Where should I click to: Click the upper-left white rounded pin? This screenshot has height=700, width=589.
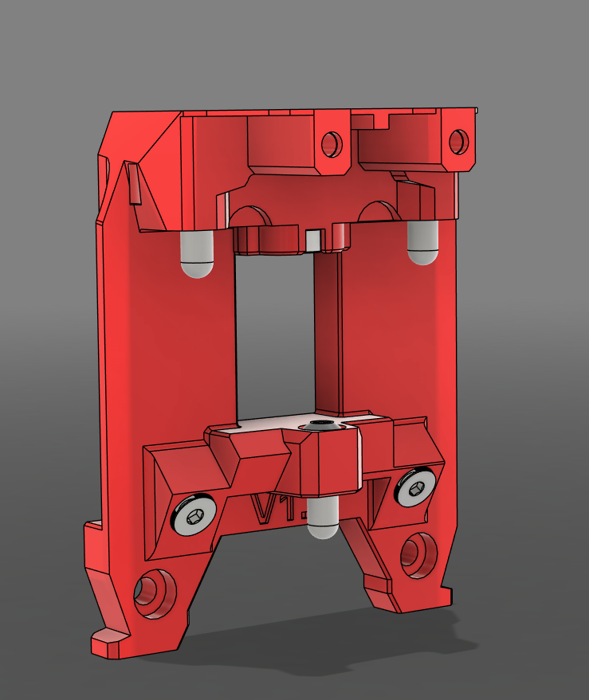click(x=197, y=254)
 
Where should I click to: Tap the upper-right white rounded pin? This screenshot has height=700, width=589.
click(x=422, y=242)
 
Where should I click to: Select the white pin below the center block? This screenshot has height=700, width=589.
click(x=323, y=518)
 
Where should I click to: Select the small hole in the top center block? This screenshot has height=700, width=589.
click(x=331, y=144)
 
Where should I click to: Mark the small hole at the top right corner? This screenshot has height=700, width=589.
click(x=458, y=141)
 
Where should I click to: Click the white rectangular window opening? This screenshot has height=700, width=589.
click(x=275, y=334)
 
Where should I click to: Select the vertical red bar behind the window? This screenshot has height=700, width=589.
click(x=329, y=334)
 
